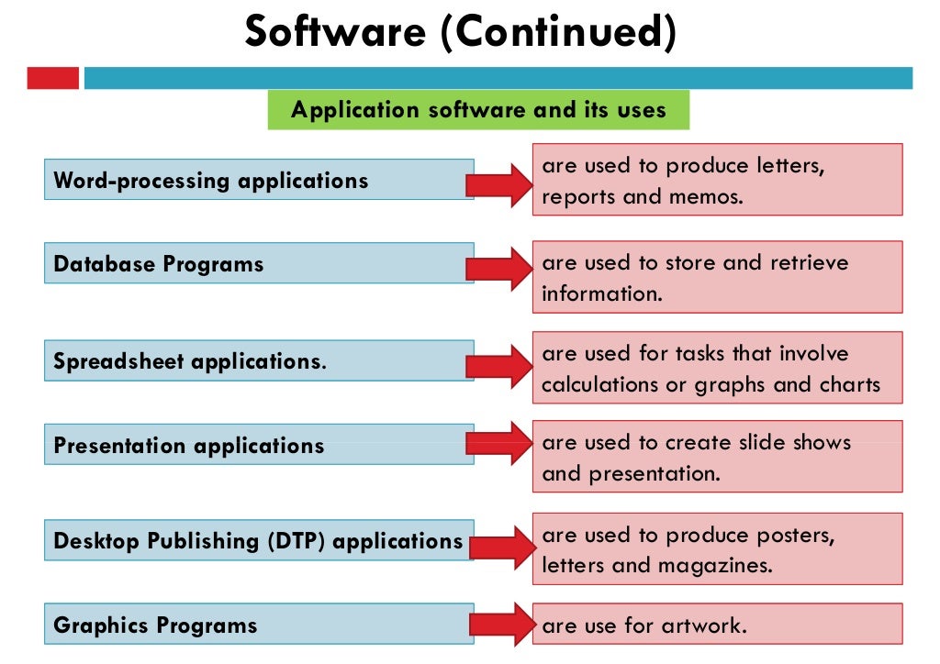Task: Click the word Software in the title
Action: point(335,33)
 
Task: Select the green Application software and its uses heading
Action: point(478,110)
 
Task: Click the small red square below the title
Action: point(52,78)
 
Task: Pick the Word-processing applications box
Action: point(259,180)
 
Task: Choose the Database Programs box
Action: point(259,264)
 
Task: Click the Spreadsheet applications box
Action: point(259,360)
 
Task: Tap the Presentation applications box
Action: point(259,445)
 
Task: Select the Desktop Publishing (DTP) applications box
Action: point(259,540)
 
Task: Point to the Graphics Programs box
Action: point(259,625)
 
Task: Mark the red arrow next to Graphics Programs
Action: point(500,625)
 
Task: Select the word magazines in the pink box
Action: point(715,565)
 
